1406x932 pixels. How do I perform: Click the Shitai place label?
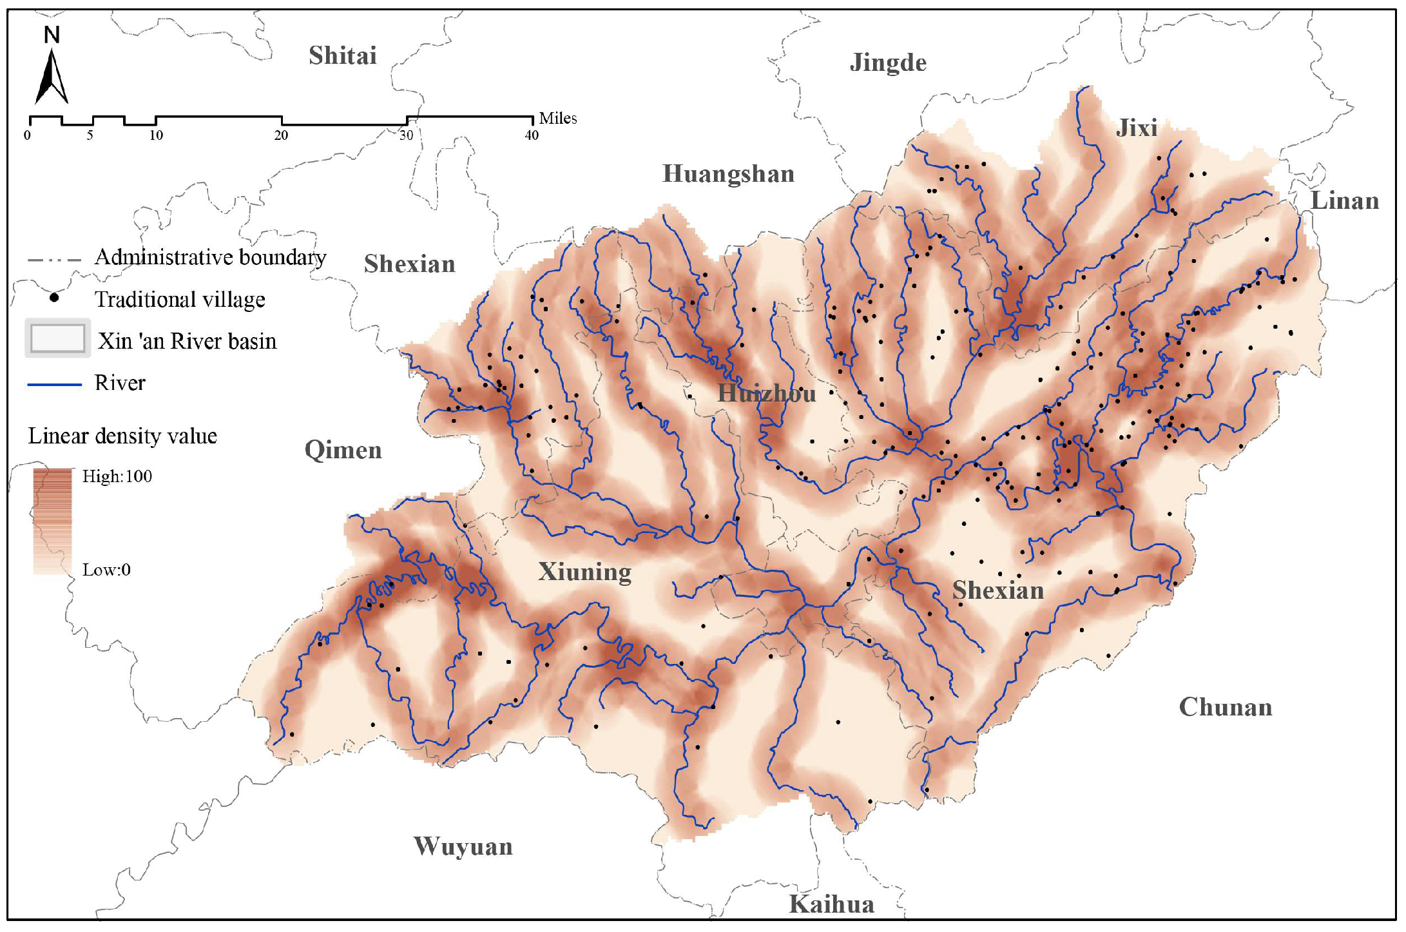[x=342, y=56]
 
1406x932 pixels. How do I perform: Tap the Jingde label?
[x=887, y=63]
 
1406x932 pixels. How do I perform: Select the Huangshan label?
[x=728, y=174]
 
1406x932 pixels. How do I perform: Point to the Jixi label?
[x=1137, y=128]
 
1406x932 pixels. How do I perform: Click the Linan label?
[x=1345, y=201]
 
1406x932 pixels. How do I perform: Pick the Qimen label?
[x=343, y=450]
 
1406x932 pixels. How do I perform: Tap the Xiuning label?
[x=584, y=572]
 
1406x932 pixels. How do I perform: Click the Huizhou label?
[x=766, y=393]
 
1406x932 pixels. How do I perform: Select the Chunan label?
[x=1225, y=707]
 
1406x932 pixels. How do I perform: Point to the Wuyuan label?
[x=463, y=846]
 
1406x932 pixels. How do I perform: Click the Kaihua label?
[x=831, y=904]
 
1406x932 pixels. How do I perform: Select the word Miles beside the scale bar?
[x=557, y=119]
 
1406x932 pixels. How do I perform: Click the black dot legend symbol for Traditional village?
[x=55, y=298]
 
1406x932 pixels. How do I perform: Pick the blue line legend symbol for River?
[x=55, y=384]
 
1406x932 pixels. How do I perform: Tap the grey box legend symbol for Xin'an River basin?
[x=57, y=338]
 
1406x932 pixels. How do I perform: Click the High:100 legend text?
[x=117, y=476]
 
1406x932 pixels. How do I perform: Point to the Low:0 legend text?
[x=106, y=570]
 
